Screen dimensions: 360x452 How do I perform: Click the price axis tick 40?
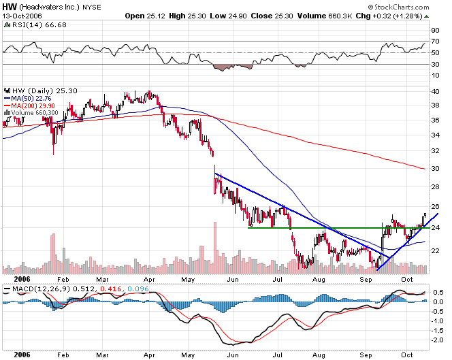[x=436, y=92]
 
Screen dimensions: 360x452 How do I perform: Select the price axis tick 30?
[x=436, y=169]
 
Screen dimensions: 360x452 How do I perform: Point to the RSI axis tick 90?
[x=435, y=31]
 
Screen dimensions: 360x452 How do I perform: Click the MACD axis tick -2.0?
[x=438, y=340]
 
